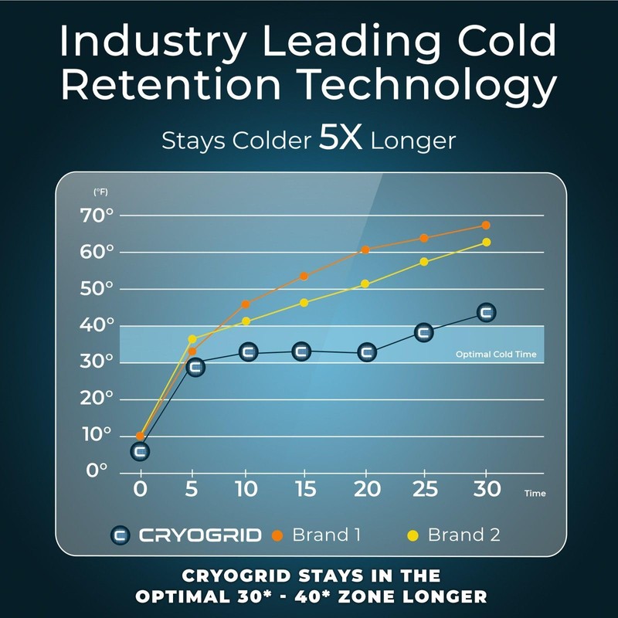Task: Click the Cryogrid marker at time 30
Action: pyautogui.click(x=486, y=313)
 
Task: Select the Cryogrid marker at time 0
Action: pyautogui.click(x=140, y=451)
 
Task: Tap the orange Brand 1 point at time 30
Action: pyautogui.click(x=486, y=226)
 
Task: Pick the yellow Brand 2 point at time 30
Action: pyautogui.click(x=486, y=243)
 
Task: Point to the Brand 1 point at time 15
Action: pyautogui.click(x=304, y=277)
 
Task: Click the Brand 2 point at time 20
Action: pyautogui.click(x=365, y=284)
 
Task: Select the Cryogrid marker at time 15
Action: pyautogui.click(x=302, y=351)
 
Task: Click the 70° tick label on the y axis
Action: pyautogui.click(x=97, y=216)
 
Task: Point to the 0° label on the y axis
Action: pyautogui.click(x=97, y=470)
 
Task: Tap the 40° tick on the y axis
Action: pyautogui.click(x=97, y=325)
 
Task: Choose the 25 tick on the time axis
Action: pyautogui.click(x=424, y=489)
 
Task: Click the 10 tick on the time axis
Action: pyautogui.click(x=245, y=489)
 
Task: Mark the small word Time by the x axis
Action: pyautogui.click(x=535, y=493)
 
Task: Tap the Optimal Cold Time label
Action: pyautogui.click(x=495, y=355)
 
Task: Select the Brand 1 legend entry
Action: pyautogui.click(x=318, y=535)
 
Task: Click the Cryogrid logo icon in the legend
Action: pyautogui.click(x=121, y=535)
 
